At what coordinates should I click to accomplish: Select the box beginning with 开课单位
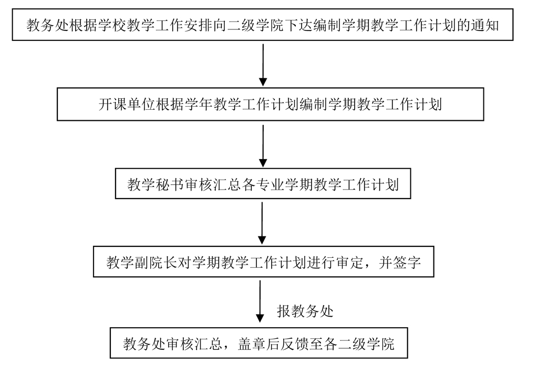tap(270, 105)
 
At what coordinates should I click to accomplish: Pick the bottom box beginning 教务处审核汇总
tap(258, 345)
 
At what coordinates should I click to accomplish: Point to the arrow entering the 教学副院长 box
tap(262, 224)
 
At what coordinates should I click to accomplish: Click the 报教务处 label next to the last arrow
tap(305, 311)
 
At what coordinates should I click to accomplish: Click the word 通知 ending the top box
tap(487, 25)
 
